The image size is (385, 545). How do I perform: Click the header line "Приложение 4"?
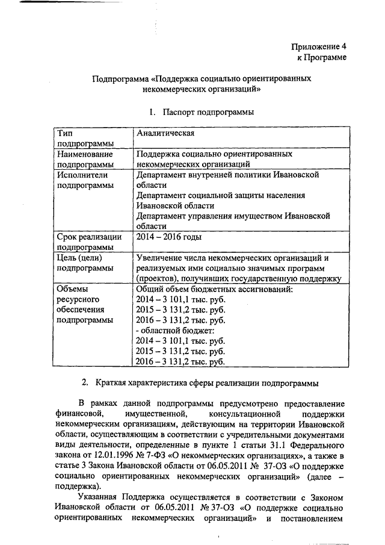coord(319,46)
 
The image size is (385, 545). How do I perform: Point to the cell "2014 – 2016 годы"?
coord(168,237)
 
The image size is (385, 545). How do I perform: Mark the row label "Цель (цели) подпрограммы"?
coord(82,263)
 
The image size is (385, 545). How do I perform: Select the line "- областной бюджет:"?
coord(171,330)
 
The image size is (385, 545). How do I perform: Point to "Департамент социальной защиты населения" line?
coord(221,195)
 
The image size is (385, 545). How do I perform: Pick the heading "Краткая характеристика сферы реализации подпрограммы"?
coord(208,383)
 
